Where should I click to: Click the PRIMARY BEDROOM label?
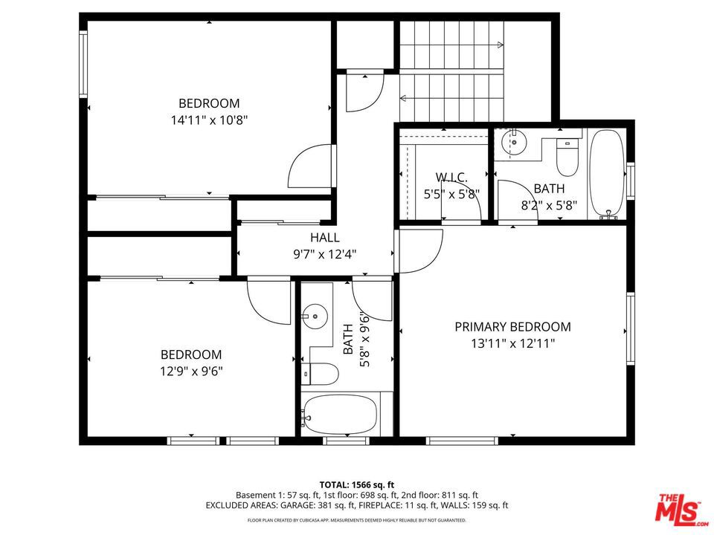(x=512, y=327)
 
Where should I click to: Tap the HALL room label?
(x=325, y=237)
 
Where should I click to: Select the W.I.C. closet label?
(x=451, y=177)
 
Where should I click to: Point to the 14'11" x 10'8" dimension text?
(x=209, y=120)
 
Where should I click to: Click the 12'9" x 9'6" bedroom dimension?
(x=191, y=372)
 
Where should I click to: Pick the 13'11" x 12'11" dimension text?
(x=512, y=343)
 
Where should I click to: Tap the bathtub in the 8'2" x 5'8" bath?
(x=607, y=173)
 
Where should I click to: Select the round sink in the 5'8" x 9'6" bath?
(x=315, y=316)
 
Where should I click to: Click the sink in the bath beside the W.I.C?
(x=514, y=143)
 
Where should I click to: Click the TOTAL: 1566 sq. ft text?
(x=356, y=485)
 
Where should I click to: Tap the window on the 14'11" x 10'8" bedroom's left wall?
(x=83, y=64)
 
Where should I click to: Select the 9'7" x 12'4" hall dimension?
(x=325, y=254)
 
